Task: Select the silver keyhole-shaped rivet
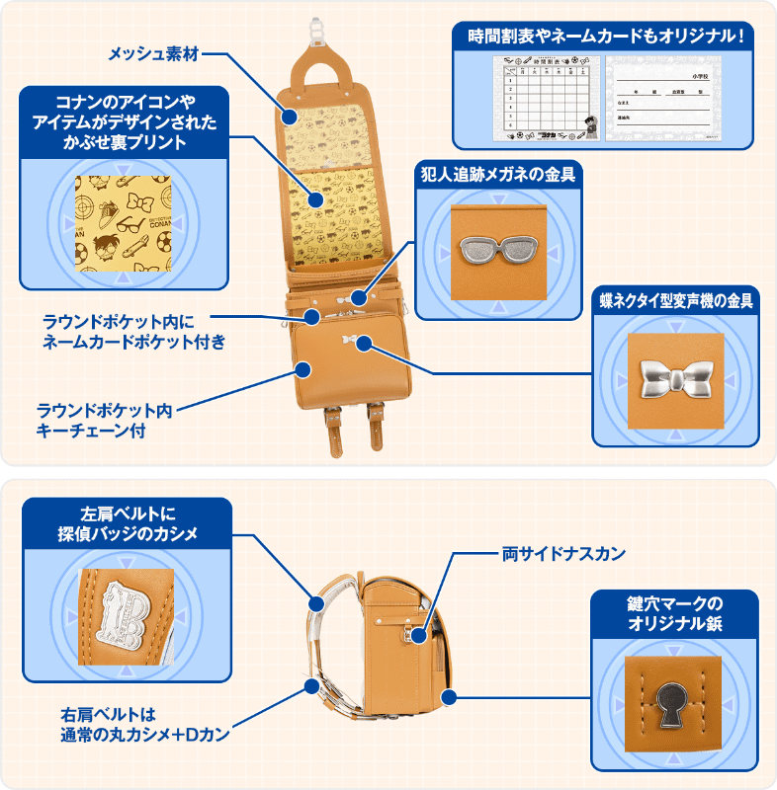pyautogui.click(x=672, y=702)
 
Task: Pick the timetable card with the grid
pyautogui.click(x=541, y=97)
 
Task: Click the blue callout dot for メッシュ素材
pyautogui.click(x=289, y=116)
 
